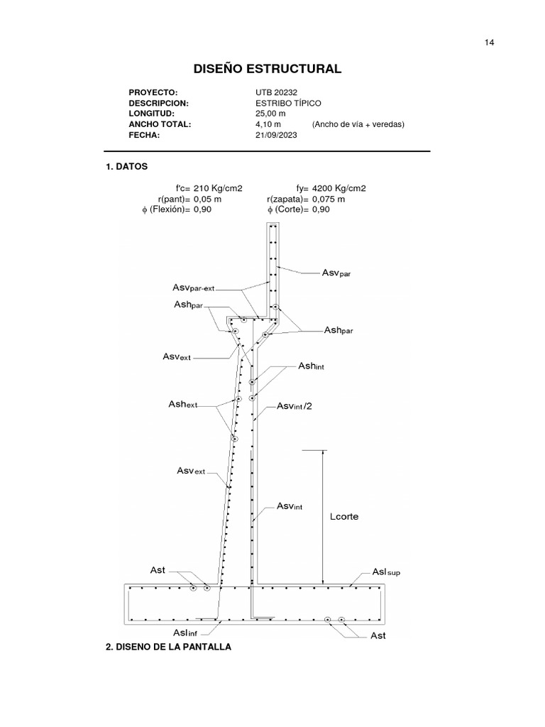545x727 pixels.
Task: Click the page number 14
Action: click(489, 43)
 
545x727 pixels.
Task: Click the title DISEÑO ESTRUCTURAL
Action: click(268, 69)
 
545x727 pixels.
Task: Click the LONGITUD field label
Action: click(151, 114)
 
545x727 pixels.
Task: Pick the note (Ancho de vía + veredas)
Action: click(358, 124)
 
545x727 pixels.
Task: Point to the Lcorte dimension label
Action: click(344, 517)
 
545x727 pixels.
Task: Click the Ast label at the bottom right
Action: click(378, 635)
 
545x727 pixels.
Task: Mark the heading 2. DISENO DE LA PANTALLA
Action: click(167, 647)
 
